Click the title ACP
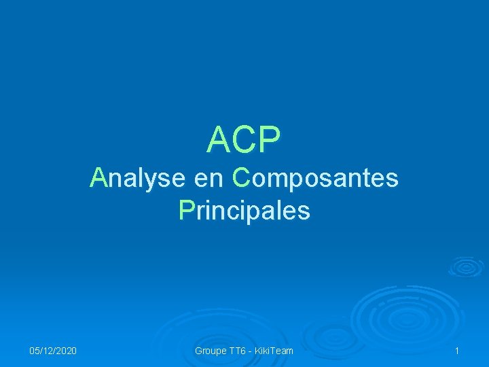point(244,140)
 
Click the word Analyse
point(138,179)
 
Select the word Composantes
point(314,179)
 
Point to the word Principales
point(244,211)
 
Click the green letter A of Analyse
point(99,178)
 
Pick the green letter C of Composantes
point(240,179)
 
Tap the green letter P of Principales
point(186,211)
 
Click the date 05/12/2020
point(53,351)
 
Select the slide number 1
point(457,351)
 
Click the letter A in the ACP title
point(219,140)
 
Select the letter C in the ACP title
point(244,140)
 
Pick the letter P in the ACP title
point(268,140)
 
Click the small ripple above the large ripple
point(465,266)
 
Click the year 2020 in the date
point(65,351)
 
